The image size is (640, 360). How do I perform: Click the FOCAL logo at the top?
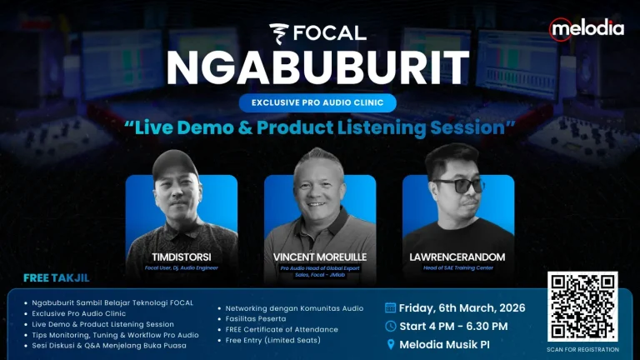318,32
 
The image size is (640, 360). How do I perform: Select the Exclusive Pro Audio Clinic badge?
317,103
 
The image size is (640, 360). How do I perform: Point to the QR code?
582,307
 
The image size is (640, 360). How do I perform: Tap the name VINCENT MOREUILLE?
320,257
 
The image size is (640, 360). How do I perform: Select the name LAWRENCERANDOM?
458,257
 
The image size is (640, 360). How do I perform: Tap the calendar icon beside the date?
391,307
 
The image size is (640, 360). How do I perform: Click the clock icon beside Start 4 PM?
391,326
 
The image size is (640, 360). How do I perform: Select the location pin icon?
391,344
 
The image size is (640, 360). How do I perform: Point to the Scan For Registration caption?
582,350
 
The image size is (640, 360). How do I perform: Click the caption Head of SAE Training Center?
457,267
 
